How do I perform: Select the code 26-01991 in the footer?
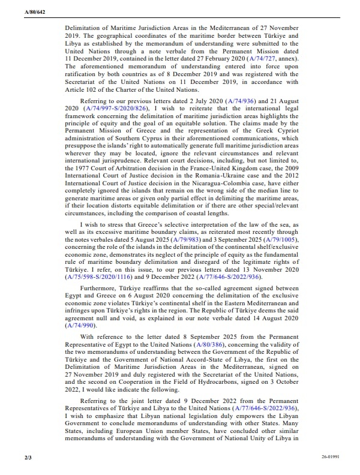326,457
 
